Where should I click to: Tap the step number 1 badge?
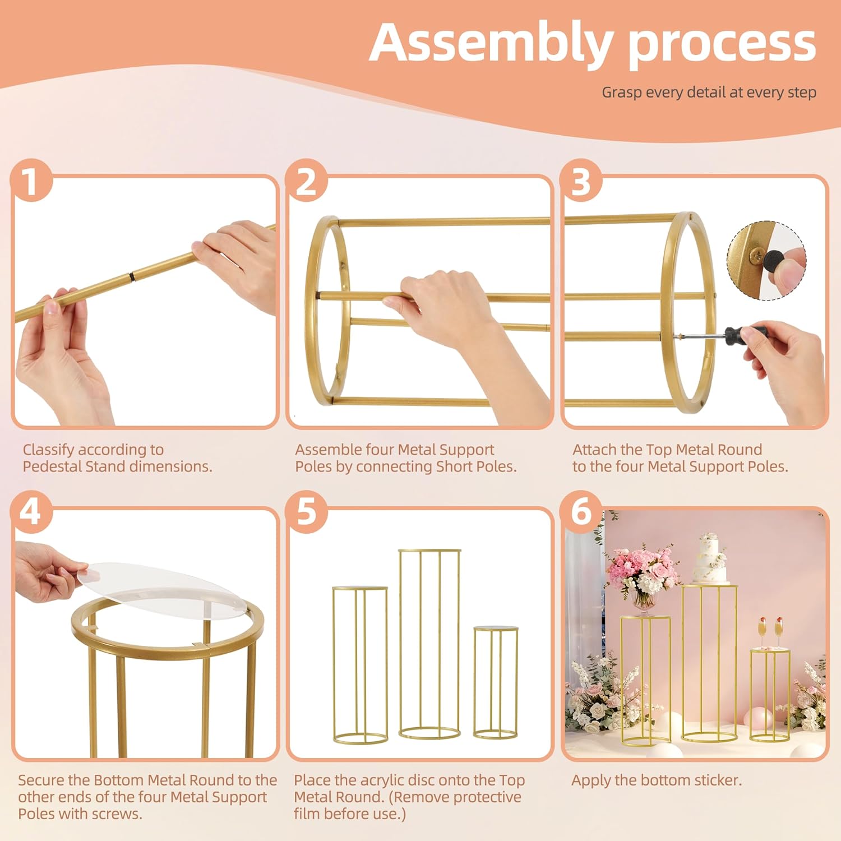click(x=31, y=182)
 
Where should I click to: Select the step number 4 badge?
click(x=31, y=511)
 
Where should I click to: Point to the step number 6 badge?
click(x=581, y=511)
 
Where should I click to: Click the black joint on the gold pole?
click(x=132, y=277)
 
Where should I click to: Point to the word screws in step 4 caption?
click(x=117, y=814)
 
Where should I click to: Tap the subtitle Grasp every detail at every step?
click(x=709, y=93)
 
